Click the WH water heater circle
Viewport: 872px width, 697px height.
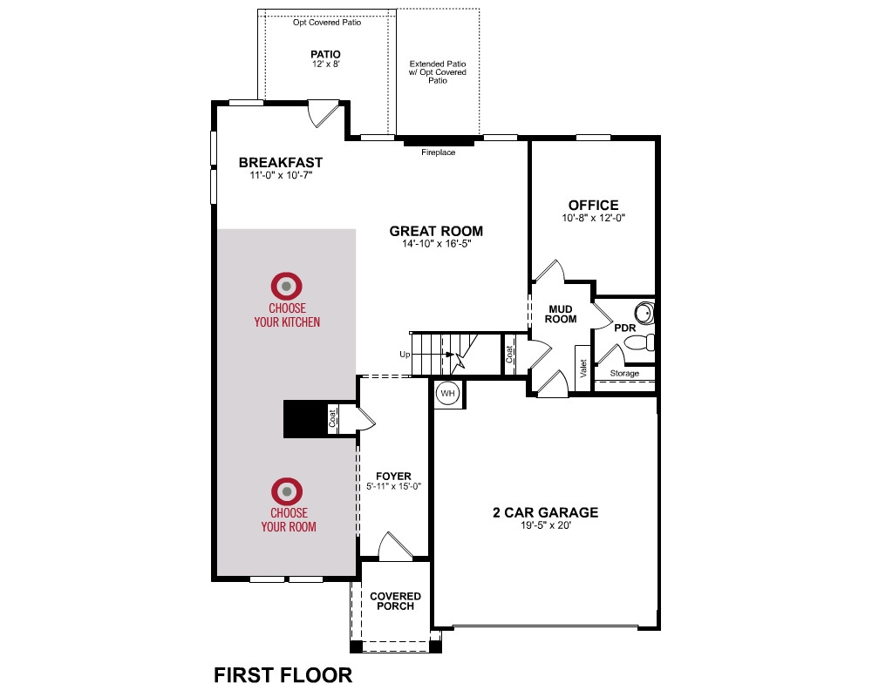click(x=447, y=394)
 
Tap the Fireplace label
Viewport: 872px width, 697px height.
click(x=439, y=152)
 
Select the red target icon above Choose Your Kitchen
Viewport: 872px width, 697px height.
click(x=286, y=287)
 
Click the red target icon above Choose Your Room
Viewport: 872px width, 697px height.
click(x=287, y=491)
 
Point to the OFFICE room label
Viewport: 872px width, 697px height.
click(x=593, y=205)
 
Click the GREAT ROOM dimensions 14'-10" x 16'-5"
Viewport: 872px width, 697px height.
click(x=437, y=243)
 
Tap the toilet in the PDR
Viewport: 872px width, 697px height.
click(x=640, y=342)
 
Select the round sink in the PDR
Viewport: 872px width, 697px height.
click(x=644, y=313)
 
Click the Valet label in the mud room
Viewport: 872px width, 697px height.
click(x=583, y=369)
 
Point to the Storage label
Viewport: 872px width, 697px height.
click(x=624, y=374)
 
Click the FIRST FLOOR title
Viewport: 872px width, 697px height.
click(x=283, y=675)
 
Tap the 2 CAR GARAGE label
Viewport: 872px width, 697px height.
click(x=546, y=512)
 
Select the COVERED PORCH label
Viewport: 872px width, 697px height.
click(x=395, y=601)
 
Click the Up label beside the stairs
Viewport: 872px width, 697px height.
click(x=405, y=355)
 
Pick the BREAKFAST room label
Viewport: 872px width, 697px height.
click(x=281, y=162)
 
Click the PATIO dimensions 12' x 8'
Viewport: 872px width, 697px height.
click(x=326, y=64)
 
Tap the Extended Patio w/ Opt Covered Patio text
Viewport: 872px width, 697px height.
click(x=438, y=72)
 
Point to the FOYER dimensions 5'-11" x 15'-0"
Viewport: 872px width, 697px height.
click(x=394, y=486)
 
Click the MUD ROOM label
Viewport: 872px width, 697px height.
click(x=561, y=314)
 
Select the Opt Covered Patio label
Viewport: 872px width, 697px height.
click(x=327, y=23)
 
